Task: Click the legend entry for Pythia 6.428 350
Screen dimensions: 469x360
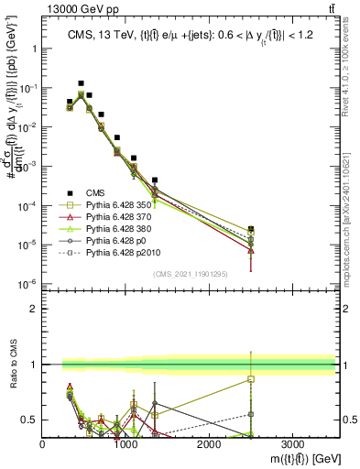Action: point(115,206)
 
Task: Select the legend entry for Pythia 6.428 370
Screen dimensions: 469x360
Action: point(115,218)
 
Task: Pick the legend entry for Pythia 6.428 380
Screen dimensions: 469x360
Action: point(115,230)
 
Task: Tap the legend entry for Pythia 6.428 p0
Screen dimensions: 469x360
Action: point(111,242)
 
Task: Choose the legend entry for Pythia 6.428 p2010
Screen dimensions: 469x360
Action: point(116,254)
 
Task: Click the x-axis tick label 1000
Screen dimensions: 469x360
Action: point(126,443)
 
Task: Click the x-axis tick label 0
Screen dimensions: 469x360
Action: point(43,443)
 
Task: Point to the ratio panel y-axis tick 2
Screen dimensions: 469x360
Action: point(35,309)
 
